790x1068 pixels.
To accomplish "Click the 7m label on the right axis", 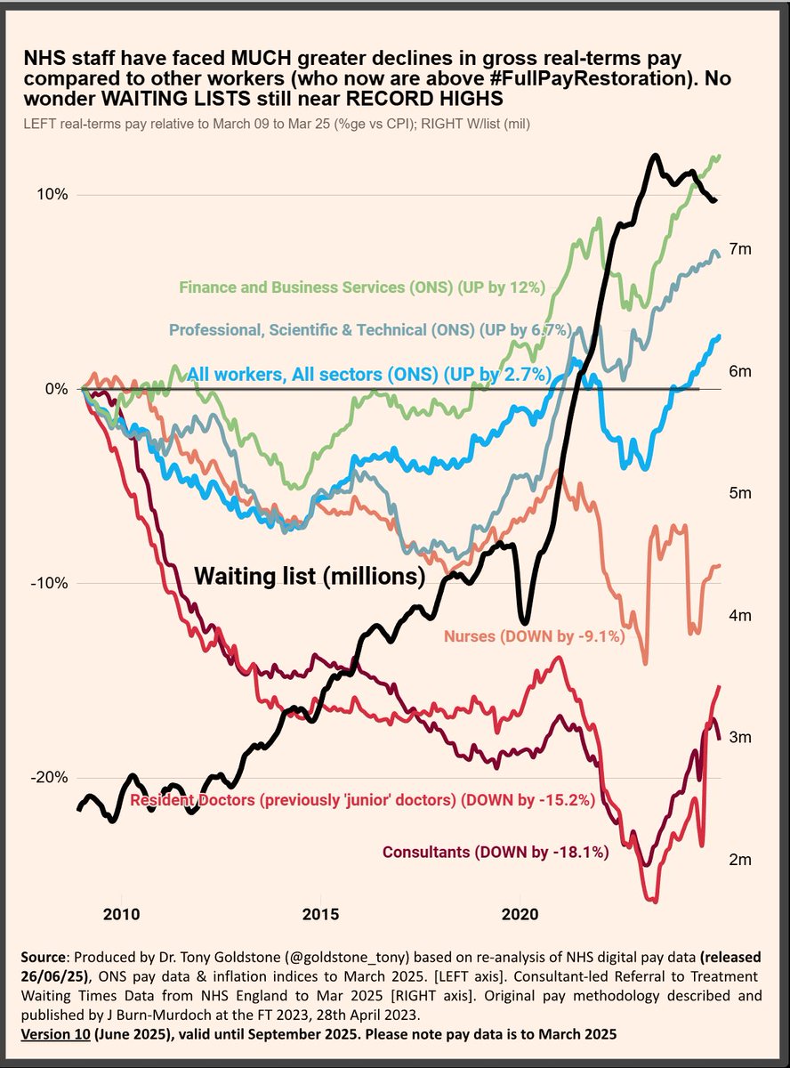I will click(740, 249).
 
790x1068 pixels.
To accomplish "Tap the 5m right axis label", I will click(740, 493).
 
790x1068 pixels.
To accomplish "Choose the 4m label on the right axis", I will click(740, 615).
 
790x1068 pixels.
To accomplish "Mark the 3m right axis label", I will click(740, 737).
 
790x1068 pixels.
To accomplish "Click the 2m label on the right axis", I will click(740, 860).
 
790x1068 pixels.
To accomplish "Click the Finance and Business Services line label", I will click(361, 287).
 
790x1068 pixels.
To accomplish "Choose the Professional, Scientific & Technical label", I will click(368, 330).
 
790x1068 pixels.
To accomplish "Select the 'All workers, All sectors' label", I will click(370, 373).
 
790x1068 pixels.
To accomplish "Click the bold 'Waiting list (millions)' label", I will click(309, 577).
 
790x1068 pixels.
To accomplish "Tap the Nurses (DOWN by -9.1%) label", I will click(533, 636).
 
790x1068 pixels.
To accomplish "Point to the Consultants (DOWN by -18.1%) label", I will click(496, 853).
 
